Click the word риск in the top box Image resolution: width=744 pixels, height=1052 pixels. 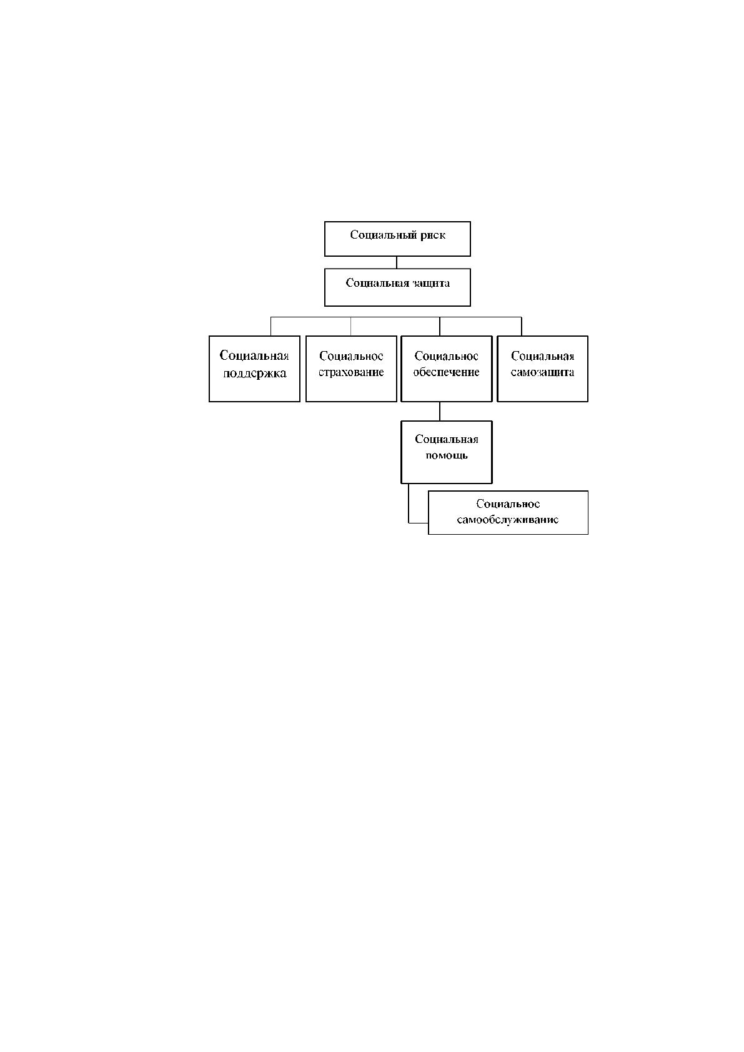(x=432, y=236)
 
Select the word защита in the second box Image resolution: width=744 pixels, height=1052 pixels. (x=430, y=283)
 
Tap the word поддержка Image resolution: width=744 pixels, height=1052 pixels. (x=255, y=374)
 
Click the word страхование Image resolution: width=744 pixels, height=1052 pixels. (x=351, y=372)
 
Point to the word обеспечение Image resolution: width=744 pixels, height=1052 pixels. (x=446, y=372)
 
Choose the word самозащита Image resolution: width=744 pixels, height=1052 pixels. (x=542, y=372)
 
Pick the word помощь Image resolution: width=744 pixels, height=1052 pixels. (x=447, y=455)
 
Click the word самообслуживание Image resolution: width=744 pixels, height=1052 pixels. (x=508, y=520)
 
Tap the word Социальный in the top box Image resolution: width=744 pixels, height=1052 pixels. (x=384, y=235)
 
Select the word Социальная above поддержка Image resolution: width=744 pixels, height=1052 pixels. (x=254, y=355)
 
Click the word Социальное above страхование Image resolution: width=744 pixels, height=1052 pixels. (x=351, y=357)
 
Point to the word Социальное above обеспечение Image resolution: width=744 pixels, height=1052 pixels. (x=446, y=357)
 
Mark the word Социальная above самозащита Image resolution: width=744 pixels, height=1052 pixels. (x=542, y=357)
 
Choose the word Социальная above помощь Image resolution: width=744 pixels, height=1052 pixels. (x=447, y=440)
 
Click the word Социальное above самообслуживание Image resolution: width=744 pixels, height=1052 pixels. (x=508, y=504)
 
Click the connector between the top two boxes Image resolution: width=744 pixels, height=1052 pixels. (x=397, y=262)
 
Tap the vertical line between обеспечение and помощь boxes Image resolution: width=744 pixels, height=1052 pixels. (x=440, y=412)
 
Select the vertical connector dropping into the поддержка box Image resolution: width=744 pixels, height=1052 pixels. (x=270, y=326)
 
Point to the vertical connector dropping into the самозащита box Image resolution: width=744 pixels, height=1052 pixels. (x=522, y=326)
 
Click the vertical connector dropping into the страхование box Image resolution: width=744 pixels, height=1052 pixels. (x=351, y=326)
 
